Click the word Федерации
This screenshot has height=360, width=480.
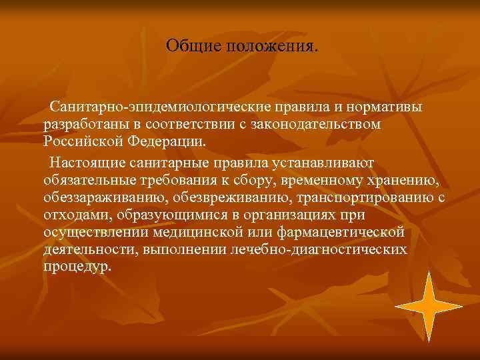171,142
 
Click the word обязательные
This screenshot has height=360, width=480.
89,180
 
